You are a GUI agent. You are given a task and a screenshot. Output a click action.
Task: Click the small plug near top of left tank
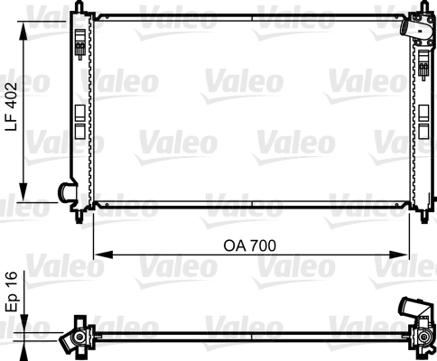82,49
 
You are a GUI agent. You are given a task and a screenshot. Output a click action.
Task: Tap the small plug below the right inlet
423,63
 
